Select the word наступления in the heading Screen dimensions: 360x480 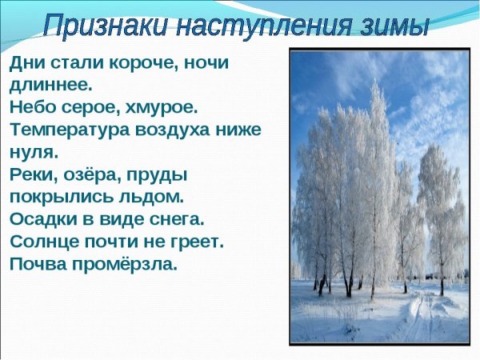click(275, 24)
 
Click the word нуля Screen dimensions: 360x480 click(31, 150)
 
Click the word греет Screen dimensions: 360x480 click(196, 240)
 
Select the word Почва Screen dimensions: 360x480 click(35, 262)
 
